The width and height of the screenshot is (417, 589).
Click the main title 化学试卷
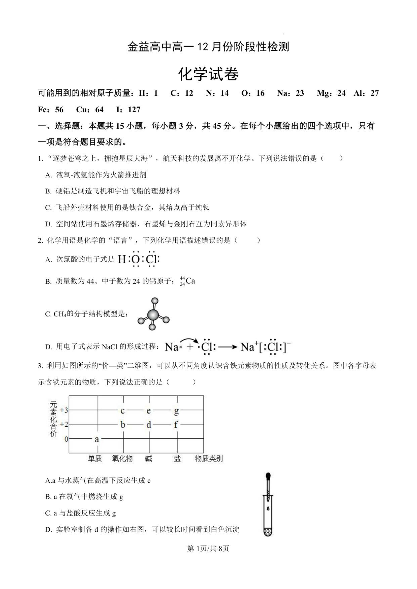(x=208, y=74)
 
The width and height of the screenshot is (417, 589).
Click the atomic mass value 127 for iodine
(x=134, y=110)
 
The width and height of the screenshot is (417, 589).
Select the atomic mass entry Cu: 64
(x=90, y=110)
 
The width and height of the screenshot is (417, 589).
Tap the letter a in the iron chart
(x=97, y=439)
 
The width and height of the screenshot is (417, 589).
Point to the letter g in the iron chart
(x=176, y=411)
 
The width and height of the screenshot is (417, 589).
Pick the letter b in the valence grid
(x=123, y=425)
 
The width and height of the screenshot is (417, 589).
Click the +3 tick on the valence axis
(x=64, y=410)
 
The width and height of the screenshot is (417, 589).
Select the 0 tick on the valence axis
(x=66, y=439)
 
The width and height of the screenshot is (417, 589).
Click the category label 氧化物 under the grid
(x=122, y=458)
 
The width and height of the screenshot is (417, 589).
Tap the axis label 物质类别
(x=209, y=458)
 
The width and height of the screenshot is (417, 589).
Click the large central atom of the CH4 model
(x=153, y=314)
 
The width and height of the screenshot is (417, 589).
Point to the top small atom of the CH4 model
(x=155, y=301)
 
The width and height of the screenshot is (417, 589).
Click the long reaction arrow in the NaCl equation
(x=228, y=347)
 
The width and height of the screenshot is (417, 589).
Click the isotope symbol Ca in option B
(x=190, y=281)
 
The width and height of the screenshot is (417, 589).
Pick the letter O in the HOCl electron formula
(x=135, y=259)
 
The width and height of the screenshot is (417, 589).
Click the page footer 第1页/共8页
(x=208, y=549)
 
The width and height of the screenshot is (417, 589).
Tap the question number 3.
(x=40, y=366)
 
